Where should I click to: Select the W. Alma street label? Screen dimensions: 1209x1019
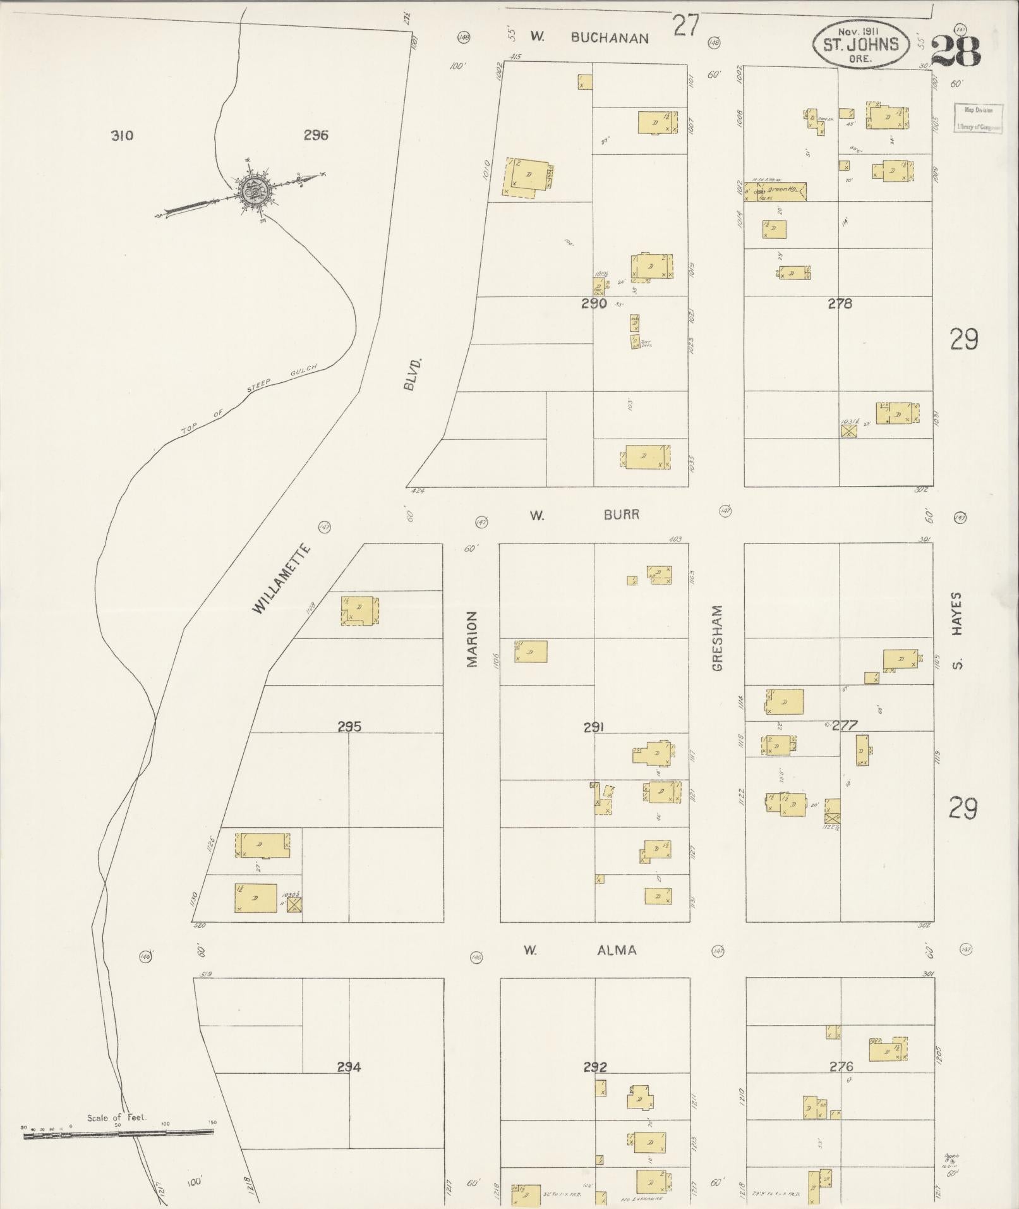[x=580, y=950]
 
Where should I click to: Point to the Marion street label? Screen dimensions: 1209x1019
[x=472, y=639]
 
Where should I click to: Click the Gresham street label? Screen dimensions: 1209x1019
[x=716, y=638]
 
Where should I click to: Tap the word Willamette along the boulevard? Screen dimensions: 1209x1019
[x=281, y=578]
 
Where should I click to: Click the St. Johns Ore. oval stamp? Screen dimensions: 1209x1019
[x=859, y=43]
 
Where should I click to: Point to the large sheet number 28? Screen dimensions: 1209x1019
[x=955, y=51]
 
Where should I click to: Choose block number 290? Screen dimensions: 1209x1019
[x=594, y=304]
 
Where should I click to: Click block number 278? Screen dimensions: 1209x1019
[x=840, y=304]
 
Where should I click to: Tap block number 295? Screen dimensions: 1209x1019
[x=349, y=727]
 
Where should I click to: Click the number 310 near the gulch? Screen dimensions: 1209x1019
[x=121, y=135]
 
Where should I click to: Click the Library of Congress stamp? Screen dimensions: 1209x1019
[x=978, y=118]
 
